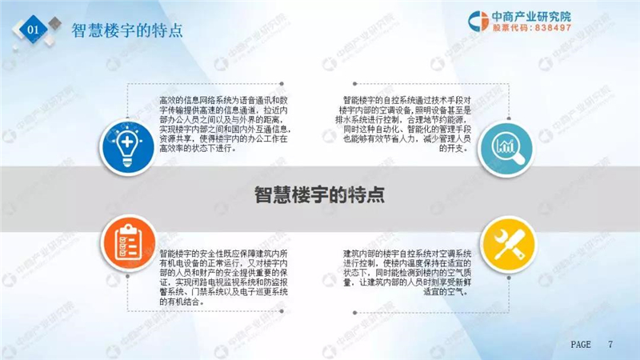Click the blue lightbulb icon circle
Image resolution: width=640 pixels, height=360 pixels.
127,146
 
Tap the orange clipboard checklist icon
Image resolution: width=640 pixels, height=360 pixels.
128,243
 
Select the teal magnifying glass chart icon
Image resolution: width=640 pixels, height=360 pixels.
506,149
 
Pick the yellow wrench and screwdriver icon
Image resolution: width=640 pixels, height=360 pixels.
508,244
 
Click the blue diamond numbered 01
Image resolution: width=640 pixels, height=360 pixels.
33,29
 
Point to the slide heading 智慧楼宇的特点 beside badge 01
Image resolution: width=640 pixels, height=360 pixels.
127,30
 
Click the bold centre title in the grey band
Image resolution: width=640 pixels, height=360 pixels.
319,194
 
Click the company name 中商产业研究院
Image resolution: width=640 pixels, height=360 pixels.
531,16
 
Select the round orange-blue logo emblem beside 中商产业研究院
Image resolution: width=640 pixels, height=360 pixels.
478,21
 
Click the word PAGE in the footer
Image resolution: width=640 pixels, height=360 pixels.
581,345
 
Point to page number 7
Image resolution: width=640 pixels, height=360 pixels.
610,345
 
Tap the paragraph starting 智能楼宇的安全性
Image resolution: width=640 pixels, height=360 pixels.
224,278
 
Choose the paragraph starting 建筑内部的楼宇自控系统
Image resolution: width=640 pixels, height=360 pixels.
407,273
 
